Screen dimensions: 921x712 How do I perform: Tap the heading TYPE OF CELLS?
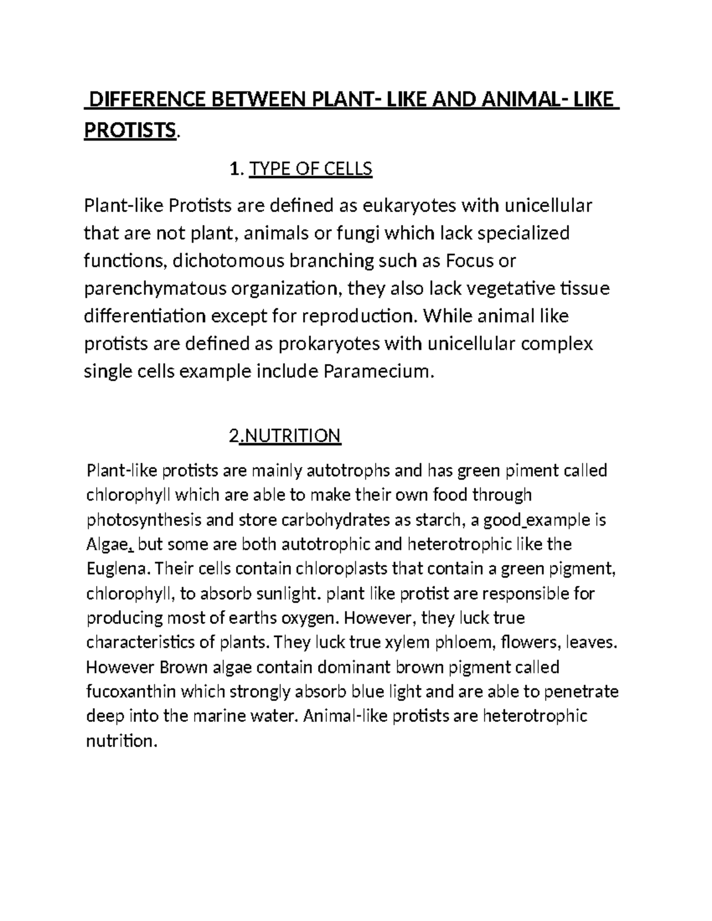click(x=311, y=169)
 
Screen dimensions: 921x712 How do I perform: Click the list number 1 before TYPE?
click(x=235, y=170)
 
